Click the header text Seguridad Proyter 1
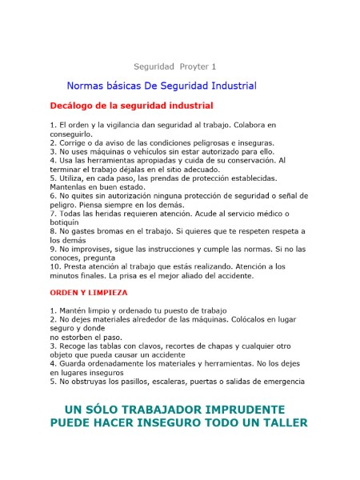pyautogui.click(x=174, y=66)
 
